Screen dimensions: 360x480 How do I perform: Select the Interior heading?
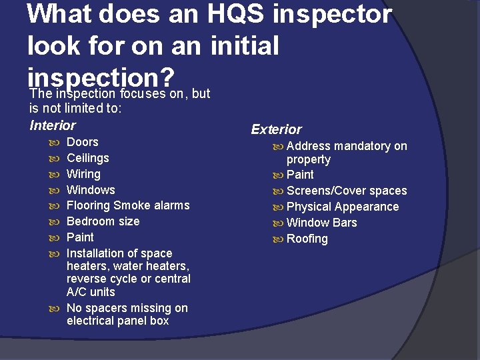[x=53, y=125]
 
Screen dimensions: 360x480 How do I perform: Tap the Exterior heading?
[x=276, y=129]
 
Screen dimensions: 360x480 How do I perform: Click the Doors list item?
[x=82, y=142]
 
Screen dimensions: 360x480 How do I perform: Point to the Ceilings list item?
[x=87, y=158]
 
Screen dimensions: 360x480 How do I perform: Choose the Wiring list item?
[x=83, y=174]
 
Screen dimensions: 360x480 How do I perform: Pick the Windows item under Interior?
[x=91, y=190]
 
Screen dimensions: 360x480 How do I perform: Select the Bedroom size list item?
[x=103, y=221]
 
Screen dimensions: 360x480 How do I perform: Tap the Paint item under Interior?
[x=80, y=237]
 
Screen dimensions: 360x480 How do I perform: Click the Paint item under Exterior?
[x=300, y=175]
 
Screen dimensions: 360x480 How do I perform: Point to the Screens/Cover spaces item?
[x=346, y=191]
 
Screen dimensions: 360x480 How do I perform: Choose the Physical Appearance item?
[x=342, y=207]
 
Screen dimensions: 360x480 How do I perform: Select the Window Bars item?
[x=321, y=223]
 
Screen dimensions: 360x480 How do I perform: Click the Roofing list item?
[x=307, y=239]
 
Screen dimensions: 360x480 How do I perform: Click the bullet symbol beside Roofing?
[x=278, y=239]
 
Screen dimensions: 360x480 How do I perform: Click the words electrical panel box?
[x=117, y=321]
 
